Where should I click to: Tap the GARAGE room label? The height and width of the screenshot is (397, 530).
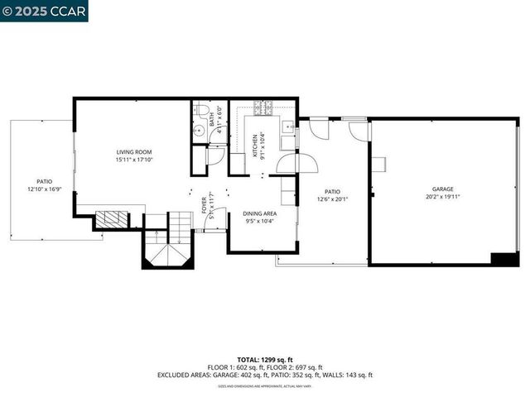coord(442,189)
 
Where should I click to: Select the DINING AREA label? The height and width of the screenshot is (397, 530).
coord(260,213)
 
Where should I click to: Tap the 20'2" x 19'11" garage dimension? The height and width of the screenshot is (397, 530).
coord(442,197)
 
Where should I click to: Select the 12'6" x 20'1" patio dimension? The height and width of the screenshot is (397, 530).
coord(333,198)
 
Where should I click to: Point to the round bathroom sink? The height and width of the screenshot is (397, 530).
coord(199,130)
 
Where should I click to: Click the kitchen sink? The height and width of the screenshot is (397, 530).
coord(286,127)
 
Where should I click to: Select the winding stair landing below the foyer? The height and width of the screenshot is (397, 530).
coord(168,252)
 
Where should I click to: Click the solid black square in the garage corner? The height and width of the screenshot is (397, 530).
coord(504,259)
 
